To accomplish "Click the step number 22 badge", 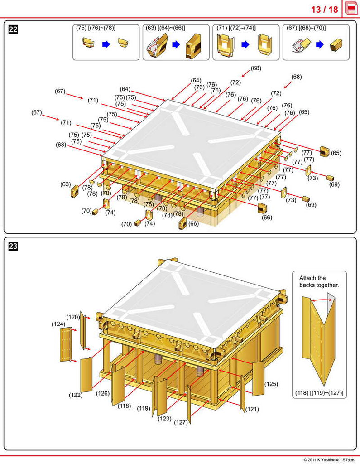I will pos(13,30).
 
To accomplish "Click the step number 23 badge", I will pos(13,246).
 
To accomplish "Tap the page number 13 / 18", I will pos(324,10).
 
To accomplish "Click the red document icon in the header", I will pos(351,9).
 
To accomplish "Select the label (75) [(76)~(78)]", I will pos(96,28).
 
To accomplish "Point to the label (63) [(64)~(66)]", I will pos(165,28).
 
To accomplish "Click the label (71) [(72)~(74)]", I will pos(236,28).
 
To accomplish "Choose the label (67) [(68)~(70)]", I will pos(306,28).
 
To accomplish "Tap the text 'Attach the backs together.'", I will pos(319,281).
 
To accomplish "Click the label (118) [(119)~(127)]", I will pos(319,392).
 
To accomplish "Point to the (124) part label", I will pos(58,324).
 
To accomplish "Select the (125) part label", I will pos(271,384).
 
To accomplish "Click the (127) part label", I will pos(181,422).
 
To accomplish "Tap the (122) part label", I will pos(76,395).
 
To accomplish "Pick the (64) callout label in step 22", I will pos(125,89).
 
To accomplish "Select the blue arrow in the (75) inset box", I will pos(106,44).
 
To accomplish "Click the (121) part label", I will pos(252,409).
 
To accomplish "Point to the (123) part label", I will pos(164,419).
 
